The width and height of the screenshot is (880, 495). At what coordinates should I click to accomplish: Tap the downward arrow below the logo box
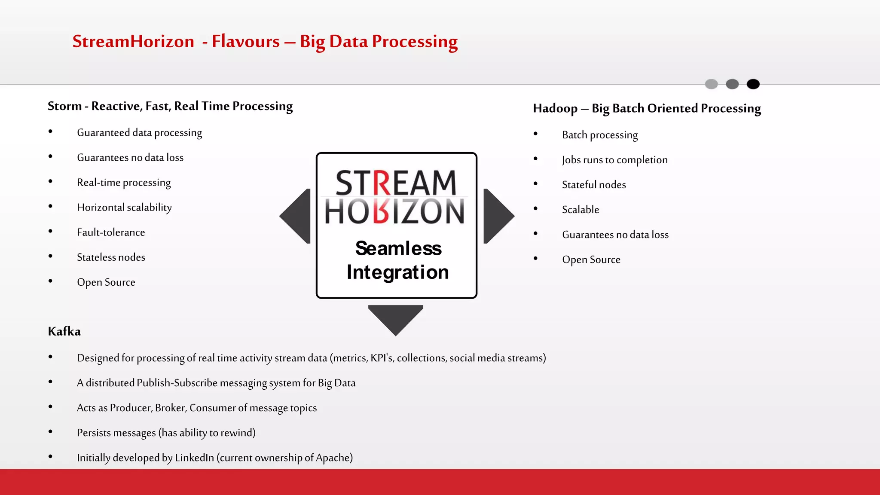point(396,318)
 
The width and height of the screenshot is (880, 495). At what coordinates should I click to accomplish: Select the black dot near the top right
point(753,84)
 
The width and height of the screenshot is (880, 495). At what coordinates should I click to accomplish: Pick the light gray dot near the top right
point(711,84)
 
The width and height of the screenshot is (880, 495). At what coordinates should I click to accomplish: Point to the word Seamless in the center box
point(398,248)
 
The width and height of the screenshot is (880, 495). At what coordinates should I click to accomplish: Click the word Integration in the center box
point(397,272)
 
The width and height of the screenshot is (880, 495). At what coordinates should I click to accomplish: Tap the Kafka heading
point(64,331)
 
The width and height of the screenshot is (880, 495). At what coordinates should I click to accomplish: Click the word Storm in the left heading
point(64,106)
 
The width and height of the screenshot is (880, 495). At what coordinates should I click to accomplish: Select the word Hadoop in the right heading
point(555,109)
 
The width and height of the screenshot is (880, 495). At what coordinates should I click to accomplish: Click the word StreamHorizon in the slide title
point(133,42)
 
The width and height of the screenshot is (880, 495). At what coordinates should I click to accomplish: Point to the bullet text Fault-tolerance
point(111,232)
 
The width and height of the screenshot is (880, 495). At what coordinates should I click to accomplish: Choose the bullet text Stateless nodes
point(111,257)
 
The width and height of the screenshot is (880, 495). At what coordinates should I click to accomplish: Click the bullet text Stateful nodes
point(594,185)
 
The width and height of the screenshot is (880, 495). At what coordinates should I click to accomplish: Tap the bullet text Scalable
point(581,210)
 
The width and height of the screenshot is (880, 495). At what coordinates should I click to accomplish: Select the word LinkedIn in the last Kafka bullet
point(194,458)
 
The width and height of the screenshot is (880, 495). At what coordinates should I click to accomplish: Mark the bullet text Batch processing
point(600,135)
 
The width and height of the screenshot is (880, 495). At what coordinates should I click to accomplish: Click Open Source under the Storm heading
point(106,282)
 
